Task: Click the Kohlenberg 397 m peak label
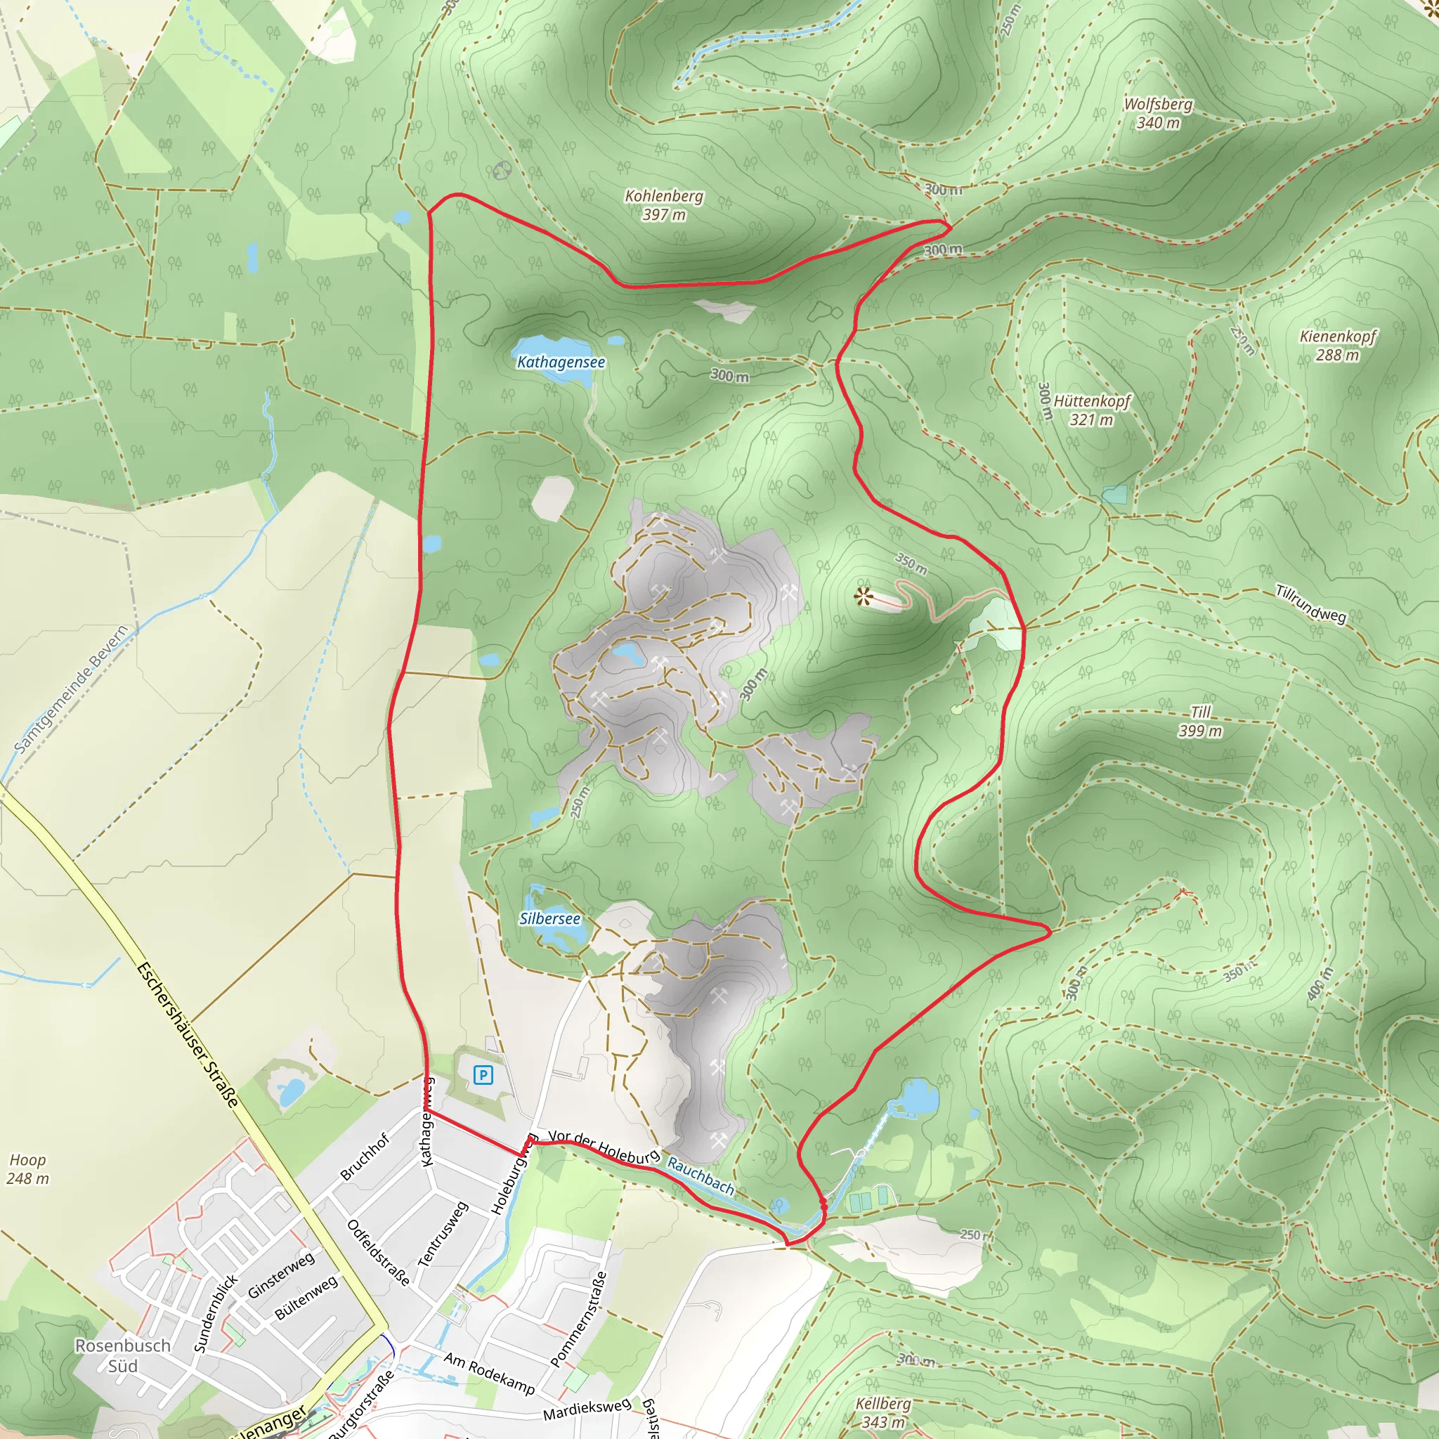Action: [663, 205]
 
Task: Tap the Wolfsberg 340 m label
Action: [1157, 113]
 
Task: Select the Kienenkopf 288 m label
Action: [1338, 346]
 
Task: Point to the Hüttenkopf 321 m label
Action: [1091, 410]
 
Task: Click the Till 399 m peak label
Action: [1200, 721]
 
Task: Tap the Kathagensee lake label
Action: [561, 362]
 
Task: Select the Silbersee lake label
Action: [549, 918]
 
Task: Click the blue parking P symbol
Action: [483, 1075]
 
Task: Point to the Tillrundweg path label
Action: [1311, 604]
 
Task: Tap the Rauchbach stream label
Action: [700, 1176]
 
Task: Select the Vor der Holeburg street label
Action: [604, 1146]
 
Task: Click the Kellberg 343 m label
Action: [883, 1412]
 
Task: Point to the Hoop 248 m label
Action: [27, 1168]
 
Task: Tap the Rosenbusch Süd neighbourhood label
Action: [123, 1355]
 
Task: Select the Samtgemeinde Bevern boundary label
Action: [72, 689]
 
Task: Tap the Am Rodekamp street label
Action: [489, 1373]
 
